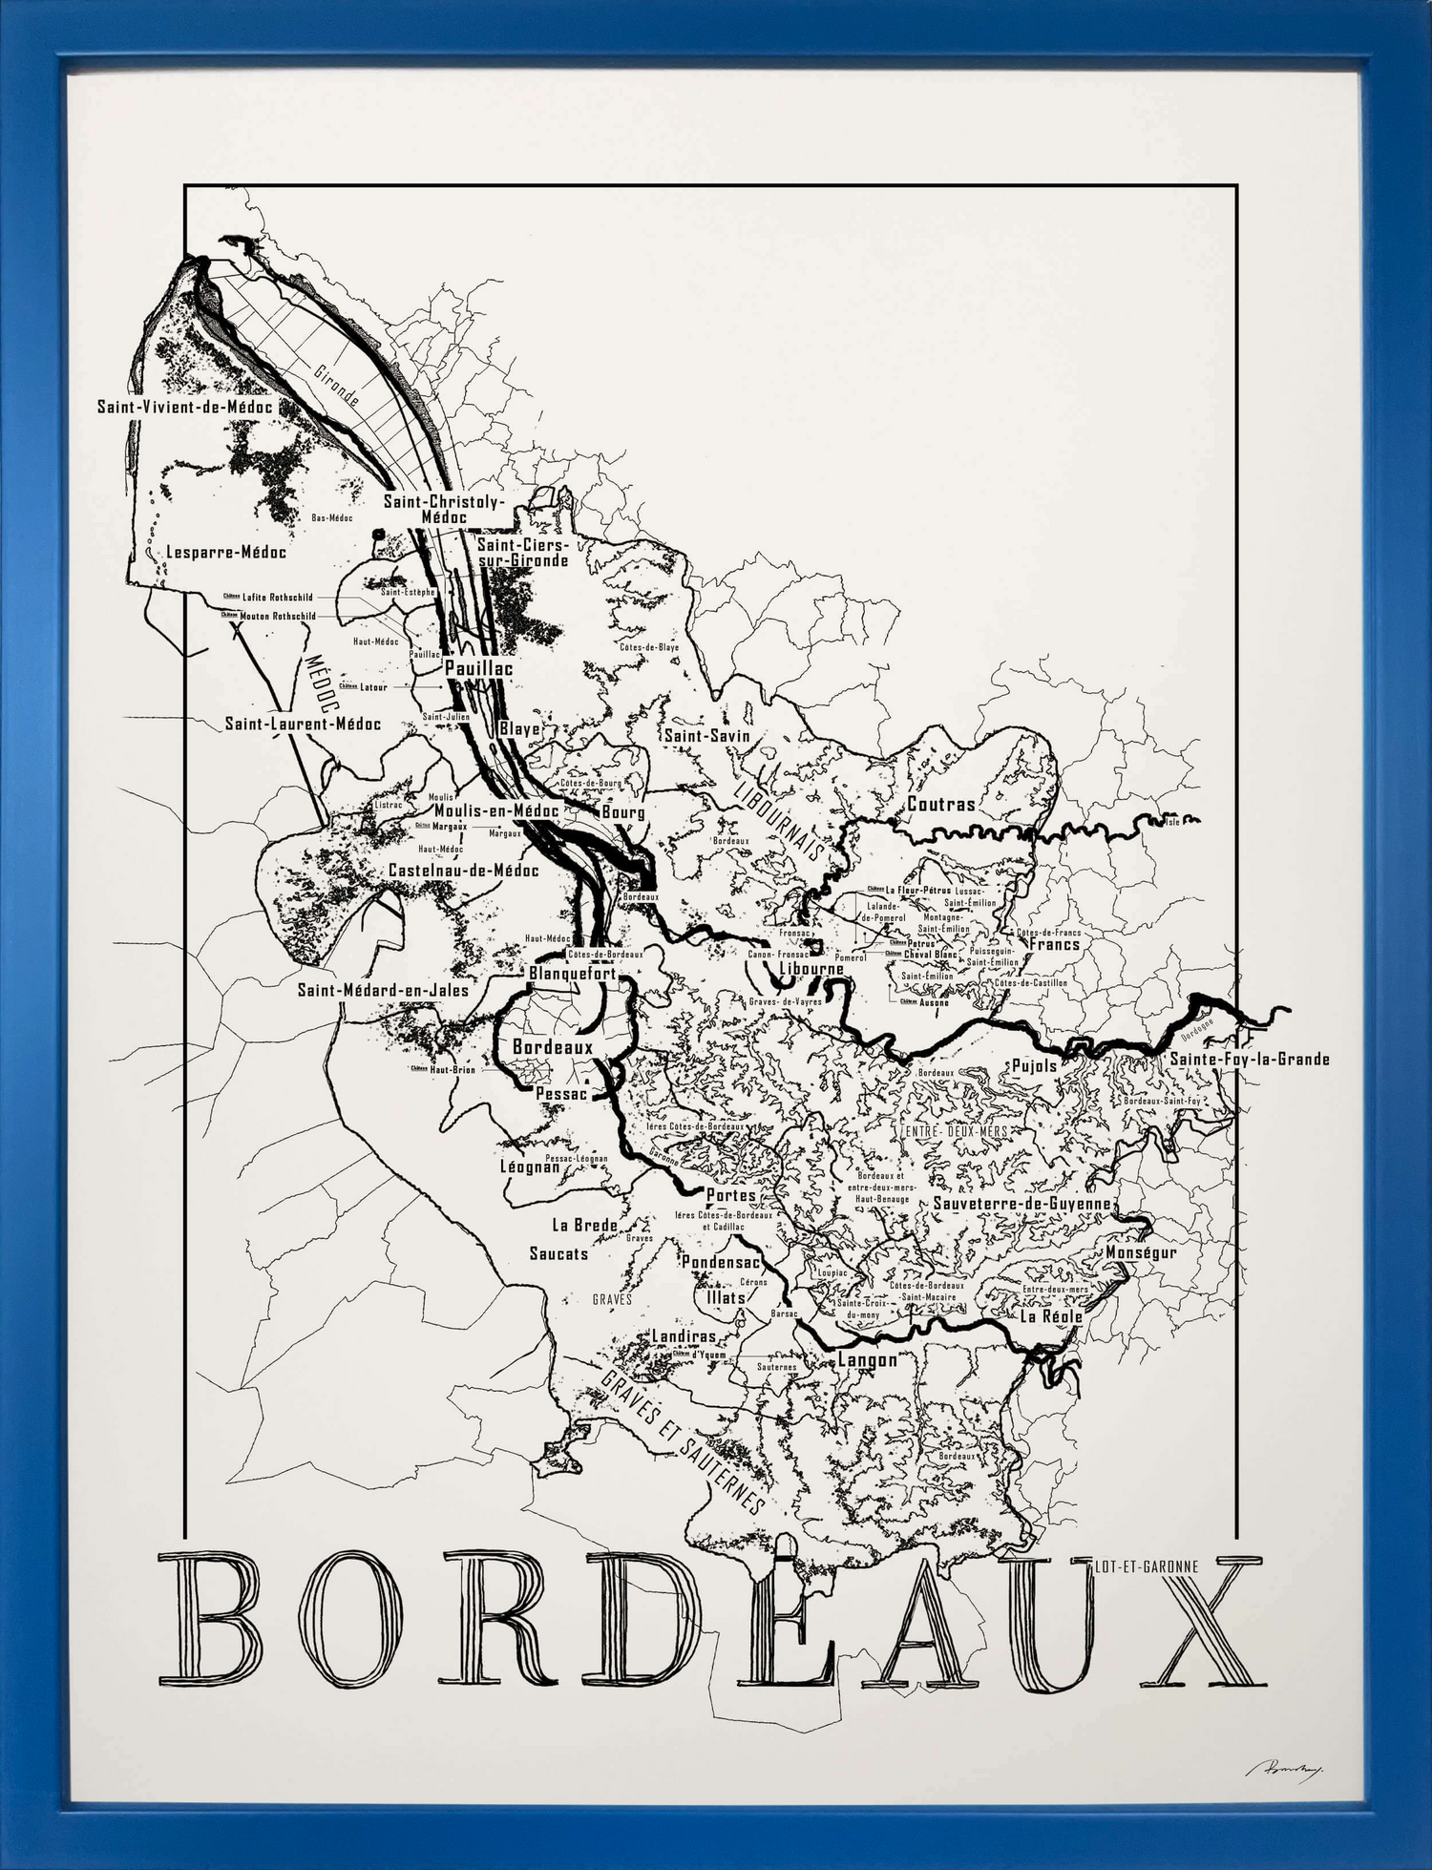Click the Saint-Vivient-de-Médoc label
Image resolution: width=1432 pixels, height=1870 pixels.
tap(185, 407)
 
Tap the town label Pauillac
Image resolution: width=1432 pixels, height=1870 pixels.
tap(478, 668)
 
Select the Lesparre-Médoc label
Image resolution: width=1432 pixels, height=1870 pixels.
tap(225, 552)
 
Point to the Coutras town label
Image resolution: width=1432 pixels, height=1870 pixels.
tap(940, 804)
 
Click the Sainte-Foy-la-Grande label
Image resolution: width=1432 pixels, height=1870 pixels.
tap(1249, 1059)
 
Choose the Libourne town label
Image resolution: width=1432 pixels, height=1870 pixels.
tap(811, 968)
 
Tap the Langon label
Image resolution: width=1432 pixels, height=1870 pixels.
tap(867, 1359)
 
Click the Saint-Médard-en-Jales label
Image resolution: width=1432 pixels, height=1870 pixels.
tap(383, 990)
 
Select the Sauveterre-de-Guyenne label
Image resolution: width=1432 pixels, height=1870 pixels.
tap(1021, 1204)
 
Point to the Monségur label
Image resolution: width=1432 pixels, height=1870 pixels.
tap(1141, 1251)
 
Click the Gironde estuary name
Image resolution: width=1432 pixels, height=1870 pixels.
tap(336, 385)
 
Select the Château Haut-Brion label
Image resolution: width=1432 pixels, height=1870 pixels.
tap(444, 1069)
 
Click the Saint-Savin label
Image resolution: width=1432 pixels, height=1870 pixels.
tap(707, 736)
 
